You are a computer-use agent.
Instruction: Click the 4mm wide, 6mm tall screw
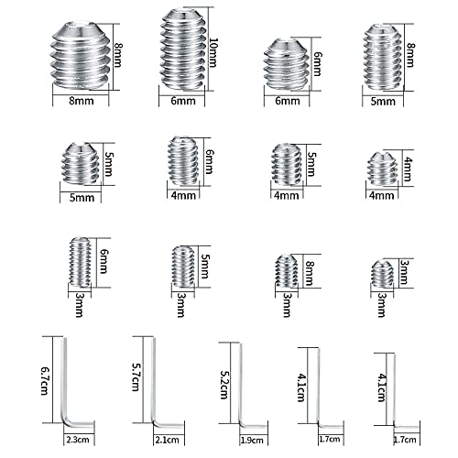182,161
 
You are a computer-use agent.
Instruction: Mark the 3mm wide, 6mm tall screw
81,262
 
